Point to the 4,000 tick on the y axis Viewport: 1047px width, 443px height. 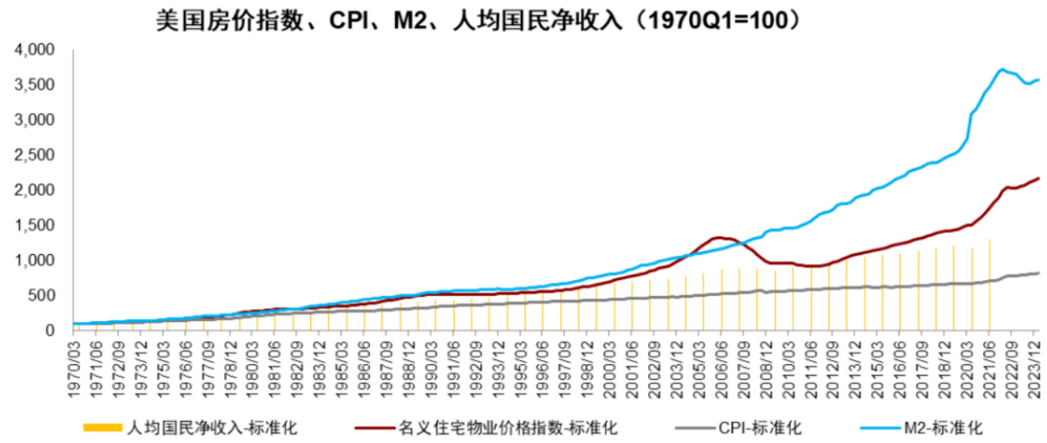pos(35,50)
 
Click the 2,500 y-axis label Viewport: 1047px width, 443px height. pos(35,155)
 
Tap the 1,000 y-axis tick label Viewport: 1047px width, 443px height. pos(35,261)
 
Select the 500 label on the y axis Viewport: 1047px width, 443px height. pos(43,295)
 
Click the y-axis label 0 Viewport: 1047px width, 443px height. pos(49,330)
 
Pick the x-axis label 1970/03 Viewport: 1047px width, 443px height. pos(73,359)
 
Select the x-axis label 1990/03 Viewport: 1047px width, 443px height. pos(435,359)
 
